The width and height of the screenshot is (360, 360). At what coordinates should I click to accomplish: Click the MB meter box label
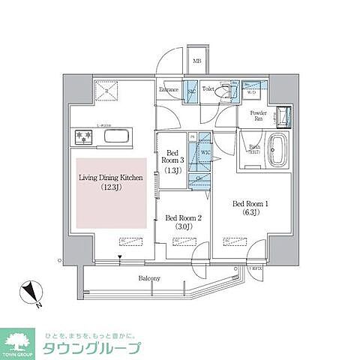point(197,61)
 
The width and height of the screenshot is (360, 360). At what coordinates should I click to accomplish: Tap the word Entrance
point(169,91)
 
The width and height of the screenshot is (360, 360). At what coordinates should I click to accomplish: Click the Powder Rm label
point(258,116)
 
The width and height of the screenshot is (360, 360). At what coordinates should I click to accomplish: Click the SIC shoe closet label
point(191,91)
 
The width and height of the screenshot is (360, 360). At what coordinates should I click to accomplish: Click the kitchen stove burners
point(82,137)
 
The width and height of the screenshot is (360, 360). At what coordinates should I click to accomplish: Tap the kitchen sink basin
point(117,136)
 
